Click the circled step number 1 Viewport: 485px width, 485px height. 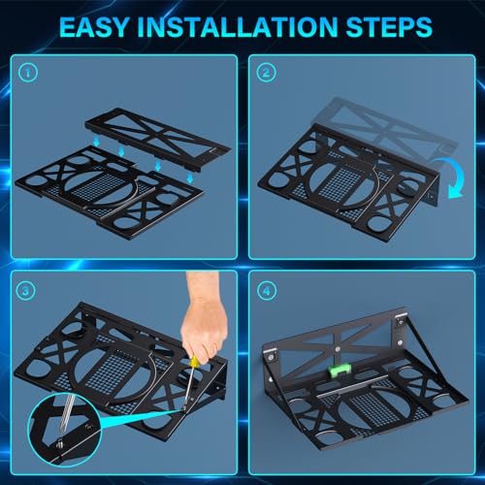[29, 72]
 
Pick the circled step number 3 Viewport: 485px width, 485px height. [29, 289]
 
